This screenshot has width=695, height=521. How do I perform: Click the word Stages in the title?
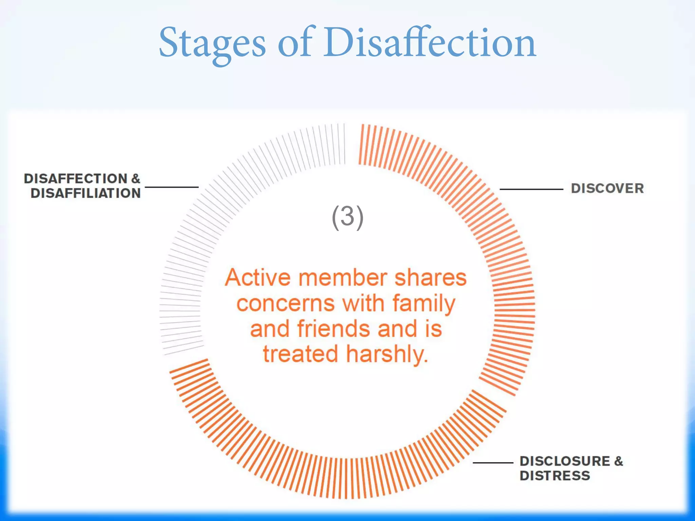(x=212, y=43)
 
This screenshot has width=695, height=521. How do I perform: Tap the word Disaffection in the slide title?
(x=430, y=43)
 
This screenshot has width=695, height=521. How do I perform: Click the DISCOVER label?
(x=607, y=188)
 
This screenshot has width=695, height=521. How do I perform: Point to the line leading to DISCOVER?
(x=531, y=189)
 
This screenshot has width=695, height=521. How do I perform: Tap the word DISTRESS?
(x=555, y=476)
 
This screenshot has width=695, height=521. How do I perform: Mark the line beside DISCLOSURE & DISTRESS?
(x=493, y=463)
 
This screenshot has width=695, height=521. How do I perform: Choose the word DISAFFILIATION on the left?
(x=86, y=193)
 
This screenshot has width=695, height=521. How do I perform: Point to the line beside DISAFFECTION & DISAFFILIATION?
(x=171, y=187)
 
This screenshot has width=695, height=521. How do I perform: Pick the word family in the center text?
(x=424, y=304)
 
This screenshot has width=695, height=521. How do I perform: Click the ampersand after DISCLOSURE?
(x=618, y=461)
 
